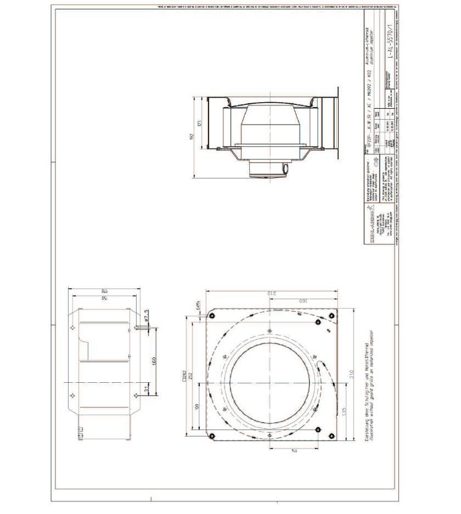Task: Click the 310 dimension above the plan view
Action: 271,293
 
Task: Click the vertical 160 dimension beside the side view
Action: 154,361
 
